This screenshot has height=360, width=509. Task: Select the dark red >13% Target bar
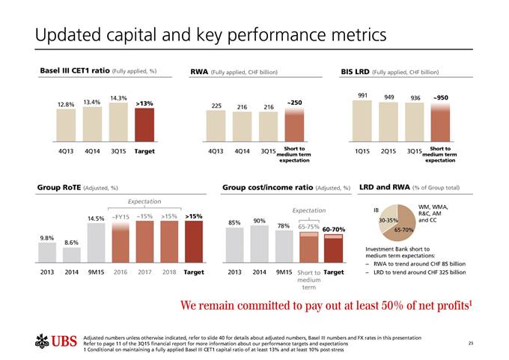[144, 124]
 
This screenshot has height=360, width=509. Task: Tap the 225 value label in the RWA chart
[217, 106]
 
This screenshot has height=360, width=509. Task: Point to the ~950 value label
[440, 97]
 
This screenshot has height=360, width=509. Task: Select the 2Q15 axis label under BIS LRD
[389, 152]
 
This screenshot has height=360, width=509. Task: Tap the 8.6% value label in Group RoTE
[72, 242]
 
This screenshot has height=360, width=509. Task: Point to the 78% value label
[284, 225]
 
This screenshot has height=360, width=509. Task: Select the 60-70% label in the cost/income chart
[333, 229]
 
